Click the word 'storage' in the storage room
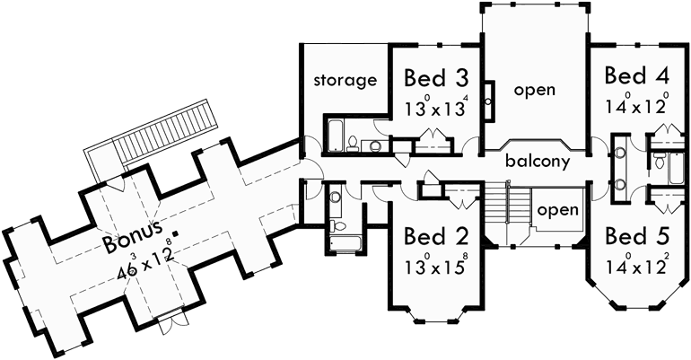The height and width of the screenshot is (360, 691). coord(345,81)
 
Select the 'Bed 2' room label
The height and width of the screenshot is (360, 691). coord(435,237)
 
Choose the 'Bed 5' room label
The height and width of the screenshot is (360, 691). coord(637,237)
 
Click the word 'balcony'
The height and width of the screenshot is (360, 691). coord(537,162)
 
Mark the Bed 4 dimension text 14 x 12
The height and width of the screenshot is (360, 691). coord(636,101)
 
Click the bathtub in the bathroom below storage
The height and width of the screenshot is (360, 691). coord(326,134)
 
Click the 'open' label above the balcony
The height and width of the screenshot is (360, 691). coord(534,90)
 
